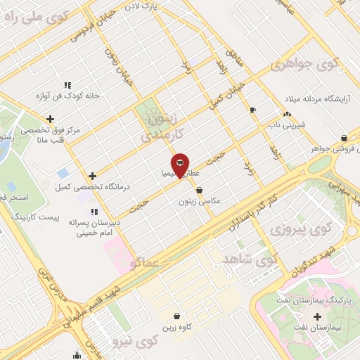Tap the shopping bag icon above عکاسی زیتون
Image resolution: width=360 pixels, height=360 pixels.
click(200, 190)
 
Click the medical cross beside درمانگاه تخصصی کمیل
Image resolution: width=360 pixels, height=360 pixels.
click(93, 176)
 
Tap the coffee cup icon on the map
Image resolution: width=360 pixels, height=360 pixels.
click(253, 110)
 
